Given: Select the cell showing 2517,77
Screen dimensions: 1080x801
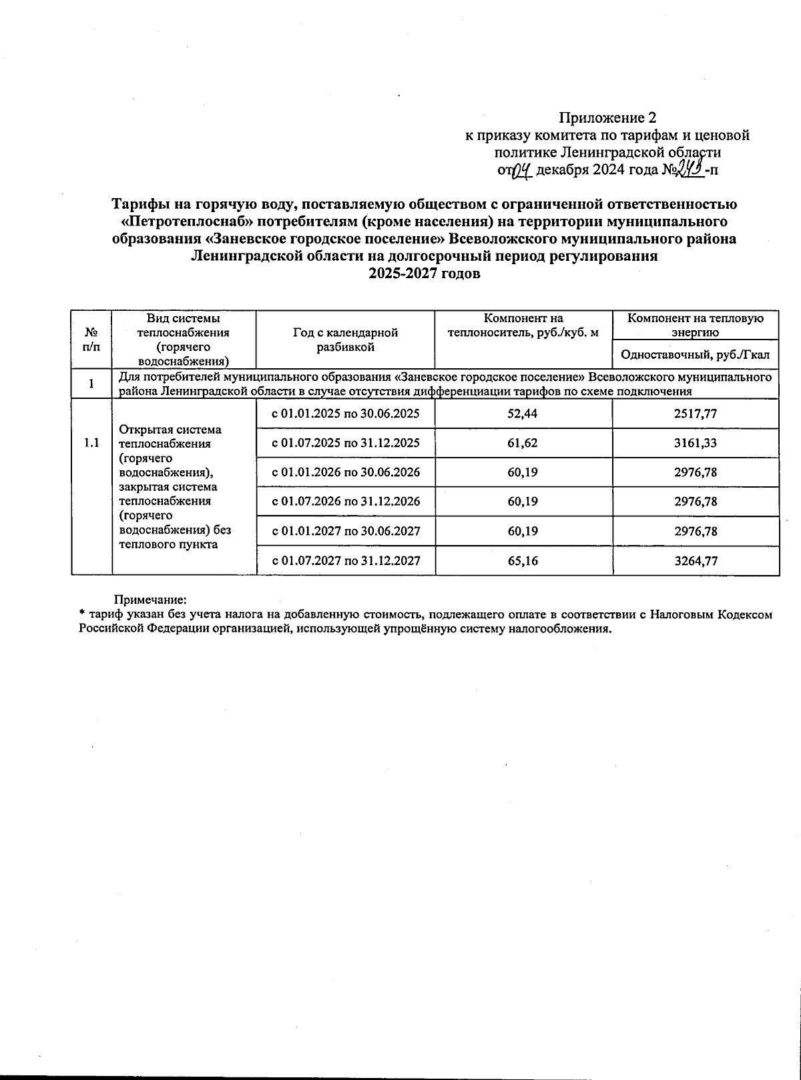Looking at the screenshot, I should point(696,414).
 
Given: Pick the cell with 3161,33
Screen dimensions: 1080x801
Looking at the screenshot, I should point(696,443).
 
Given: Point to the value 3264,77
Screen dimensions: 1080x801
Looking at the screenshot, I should point(696,561).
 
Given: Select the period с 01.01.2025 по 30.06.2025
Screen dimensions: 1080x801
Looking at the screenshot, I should point(345,414).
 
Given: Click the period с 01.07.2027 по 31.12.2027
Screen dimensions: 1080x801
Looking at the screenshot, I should point(345,561).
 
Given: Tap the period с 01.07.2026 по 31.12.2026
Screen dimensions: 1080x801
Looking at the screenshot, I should point(345,502).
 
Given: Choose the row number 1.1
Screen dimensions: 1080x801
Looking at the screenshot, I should point(92,443).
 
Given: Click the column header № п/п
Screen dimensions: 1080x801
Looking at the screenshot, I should point(92,339).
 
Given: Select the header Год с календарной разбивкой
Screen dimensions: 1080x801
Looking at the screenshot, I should point(345,339).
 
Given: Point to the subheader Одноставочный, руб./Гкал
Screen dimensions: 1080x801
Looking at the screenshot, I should point(696,355).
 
